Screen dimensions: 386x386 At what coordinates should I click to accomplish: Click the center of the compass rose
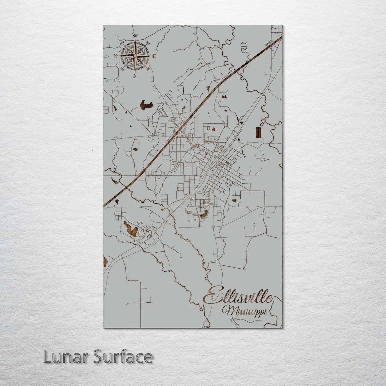point(135,56)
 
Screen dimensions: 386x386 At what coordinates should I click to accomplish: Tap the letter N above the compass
point(135,36)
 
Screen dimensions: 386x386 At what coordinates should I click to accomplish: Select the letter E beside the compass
point(154,56)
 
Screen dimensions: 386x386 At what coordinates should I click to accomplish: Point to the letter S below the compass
point(135,75)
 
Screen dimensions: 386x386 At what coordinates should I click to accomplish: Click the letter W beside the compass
point(115,56)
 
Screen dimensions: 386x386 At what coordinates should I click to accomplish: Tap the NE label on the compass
point(148,44)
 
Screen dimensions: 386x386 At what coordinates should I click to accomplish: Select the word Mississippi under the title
point(244,311)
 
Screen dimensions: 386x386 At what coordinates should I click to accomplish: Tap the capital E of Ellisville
point(211,295)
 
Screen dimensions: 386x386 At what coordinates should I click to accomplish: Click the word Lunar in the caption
point(66,357)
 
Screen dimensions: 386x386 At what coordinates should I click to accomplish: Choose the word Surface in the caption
point(123,357)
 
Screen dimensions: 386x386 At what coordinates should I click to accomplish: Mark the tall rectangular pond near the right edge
point(258,132)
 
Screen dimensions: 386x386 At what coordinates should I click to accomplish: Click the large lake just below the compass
point(146,105)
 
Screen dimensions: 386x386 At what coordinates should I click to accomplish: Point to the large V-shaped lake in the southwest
point(131,230)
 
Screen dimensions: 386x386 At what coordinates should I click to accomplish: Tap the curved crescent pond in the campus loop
point(204,214)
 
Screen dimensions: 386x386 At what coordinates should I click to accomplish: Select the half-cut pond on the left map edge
point(105,261)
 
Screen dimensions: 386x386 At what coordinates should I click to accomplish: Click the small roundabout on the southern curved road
point(213,227)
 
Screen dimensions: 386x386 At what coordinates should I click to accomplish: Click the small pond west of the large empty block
point(234,201)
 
